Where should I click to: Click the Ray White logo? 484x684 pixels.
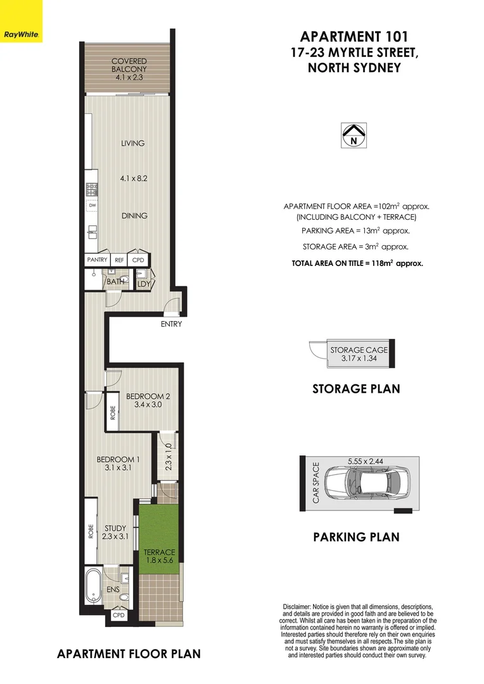point(22,34)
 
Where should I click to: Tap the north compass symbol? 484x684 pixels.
point(352,135)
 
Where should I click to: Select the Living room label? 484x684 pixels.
point(132,143)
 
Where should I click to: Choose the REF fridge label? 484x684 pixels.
point(119,260)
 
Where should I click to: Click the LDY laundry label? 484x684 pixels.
point(143,283)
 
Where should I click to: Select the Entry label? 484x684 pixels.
point(171,324)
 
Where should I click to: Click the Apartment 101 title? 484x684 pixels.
point(353,36)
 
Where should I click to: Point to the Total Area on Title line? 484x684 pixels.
point(357,262)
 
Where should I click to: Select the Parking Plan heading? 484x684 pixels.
point(356,537)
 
